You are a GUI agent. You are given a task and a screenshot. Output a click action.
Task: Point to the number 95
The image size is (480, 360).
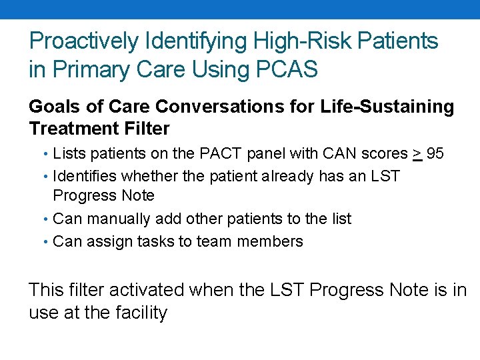point(435,154)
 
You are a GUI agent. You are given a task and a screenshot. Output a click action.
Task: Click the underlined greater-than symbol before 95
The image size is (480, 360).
point(417,154)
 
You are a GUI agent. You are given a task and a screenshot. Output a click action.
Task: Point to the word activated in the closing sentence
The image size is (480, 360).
point(153,290)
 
